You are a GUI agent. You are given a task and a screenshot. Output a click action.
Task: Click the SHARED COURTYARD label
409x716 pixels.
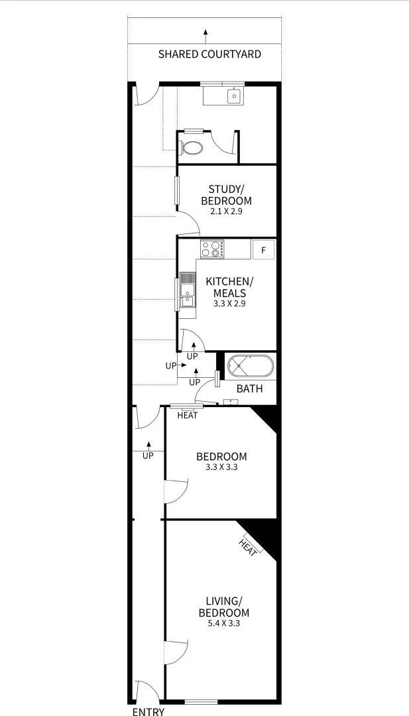pyautogui.click(x=209, y=54)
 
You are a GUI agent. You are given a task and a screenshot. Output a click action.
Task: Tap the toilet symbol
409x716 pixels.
pyautogui.click(x=193, y=147)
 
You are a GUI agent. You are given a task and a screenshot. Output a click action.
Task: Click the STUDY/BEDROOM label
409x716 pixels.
pyautogui.click(x=226, y=196)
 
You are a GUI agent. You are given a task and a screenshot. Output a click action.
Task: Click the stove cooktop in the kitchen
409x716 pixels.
pyautogui.click(x=213, y=249)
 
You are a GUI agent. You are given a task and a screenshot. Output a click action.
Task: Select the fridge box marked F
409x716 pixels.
pyautogui.click(x=263, y=250)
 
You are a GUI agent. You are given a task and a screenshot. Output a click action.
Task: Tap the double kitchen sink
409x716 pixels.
pyautogui.click(x=188, y=292)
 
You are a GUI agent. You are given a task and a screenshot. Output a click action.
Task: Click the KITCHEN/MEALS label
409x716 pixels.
pyautogui.click(x=229, y=287)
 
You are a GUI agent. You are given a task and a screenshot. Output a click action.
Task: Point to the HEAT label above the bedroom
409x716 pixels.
pyautogui.click(x=188, y=416)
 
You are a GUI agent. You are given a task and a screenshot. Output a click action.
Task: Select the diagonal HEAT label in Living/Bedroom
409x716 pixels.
pyautogui.click(x=249, y=548)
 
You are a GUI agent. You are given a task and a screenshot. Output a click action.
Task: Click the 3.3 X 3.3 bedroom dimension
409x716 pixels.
pyautogui.click(x=221, y=467)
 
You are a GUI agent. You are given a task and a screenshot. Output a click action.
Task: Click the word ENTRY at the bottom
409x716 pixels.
pyautogui.click(x=148, y=711)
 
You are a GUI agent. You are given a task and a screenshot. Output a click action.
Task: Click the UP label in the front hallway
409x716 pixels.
pyautogui.click(x=148, y=456)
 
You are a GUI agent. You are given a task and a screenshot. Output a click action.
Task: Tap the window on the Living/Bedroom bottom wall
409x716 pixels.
pyautogui.click(x=201, y=701)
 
